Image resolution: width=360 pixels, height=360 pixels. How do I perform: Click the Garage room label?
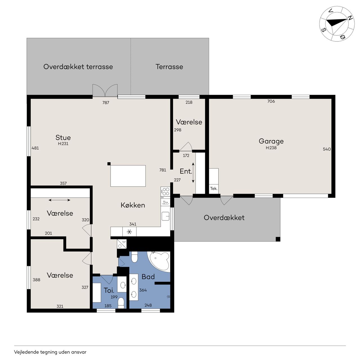[x=271, y=141]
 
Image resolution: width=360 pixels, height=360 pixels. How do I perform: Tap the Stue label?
[x=63, y=138]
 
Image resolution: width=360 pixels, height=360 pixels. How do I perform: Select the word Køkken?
[x=133, y=205]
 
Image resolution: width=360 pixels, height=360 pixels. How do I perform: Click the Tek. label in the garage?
[x=213, y=188]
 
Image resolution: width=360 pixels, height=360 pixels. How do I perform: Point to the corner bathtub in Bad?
[x=160, y=261]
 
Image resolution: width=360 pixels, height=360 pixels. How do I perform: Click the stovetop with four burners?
[x=165, y=191]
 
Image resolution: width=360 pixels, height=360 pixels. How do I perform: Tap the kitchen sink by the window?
[x=166, y=216]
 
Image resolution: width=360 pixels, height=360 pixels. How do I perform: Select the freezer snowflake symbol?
[x=129, y=232]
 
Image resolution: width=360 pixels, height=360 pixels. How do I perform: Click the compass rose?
[x=337, y=24]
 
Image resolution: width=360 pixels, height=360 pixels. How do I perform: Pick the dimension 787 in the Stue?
[x=106, y=103]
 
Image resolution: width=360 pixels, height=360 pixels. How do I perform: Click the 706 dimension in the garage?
[x=271, y=101]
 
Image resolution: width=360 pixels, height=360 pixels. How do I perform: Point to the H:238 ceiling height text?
[x=271, y=148]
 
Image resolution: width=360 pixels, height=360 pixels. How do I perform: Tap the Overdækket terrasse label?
[x=78, y=67]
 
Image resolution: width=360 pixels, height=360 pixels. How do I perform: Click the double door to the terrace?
[x=105, y=91]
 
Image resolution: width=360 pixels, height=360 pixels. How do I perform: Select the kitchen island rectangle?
[x=128, y=176]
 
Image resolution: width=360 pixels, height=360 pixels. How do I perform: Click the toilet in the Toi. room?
[x=121, y=303]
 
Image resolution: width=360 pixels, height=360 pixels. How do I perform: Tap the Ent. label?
[x=186, y=171]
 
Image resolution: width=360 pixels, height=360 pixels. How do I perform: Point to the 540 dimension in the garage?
[x=327, y=149]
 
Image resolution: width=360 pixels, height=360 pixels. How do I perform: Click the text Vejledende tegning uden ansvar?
[x=50, y=352]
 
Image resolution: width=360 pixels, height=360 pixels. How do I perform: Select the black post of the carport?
[x=278, y=239]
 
